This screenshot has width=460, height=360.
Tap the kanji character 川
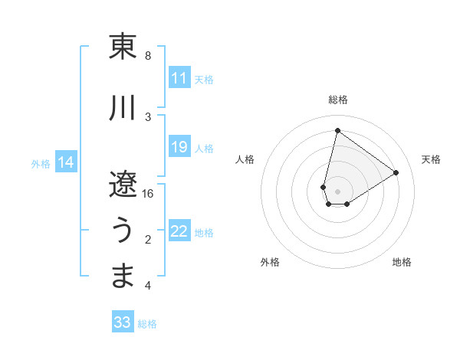coord(123,108)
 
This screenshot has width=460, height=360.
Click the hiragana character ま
coord(123,276)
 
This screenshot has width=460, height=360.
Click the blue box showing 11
coord(179,78)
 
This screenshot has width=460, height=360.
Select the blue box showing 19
coord(179,147)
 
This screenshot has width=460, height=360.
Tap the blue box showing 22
coord(179,232)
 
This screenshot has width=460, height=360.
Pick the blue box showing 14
coord(66,162)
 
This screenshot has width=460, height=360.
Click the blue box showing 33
coord(123,322)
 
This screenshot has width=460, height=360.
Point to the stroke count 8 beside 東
coord(148,56)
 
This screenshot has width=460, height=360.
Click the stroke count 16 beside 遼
coord(148,194)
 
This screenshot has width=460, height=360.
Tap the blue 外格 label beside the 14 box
coord(41,163)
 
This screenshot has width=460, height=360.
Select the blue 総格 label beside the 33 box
coord(147,324)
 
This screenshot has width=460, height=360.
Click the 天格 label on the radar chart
coord(431,159)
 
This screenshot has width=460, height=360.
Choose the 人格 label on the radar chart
coord(245,159)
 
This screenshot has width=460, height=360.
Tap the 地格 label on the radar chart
coord(402,262)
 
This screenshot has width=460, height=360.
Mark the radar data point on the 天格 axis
coord(396,172)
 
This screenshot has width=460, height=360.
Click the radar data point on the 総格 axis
coord(337,130)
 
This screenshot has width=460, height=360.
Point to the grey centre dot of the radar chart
coord(337,191)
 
